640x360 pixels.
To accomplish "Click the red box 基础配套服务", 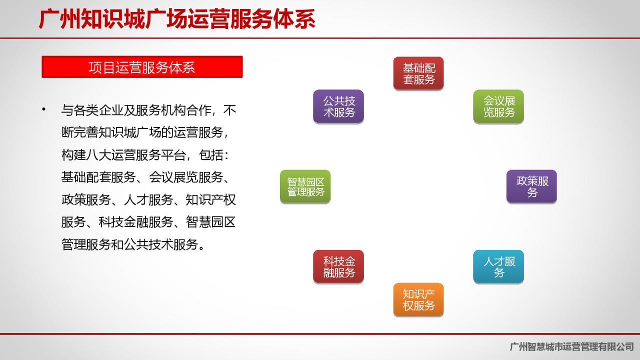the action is coord(418,73).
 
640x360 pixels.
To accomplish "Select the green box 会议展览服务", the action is coord(498,106).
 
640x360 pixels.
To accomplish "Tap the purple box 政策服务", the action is coord(531,186).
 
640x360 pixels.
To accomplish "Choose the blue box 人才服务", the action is coord(498,266).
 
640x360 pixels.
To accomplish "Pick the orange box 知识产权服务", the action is coord(418,299).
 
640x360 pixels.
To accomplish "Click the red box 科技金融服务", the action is coord(338,266).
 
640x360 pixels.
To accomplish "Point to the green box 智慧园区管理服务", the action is coord(305,186).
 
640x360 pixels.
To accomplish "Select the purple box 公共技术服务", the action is coord(338,106).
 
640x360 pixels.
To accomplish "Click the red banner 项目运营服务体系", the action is coord(142,67).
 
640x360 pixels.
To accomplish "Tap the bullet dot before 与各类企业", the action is coord(43,109).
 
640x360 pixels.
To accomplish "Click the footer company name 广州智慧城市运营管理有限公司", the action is coord(571,346).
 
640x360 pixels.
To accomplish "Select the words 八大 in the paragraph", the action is coord(98,155).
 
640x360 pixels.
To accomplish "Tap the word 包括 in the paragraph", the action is coord(211,155).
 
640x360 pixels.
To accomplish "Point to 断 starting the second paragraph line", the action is coord(67,132).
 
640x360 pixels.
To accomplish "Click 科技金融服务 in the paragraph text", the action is coord(135,222).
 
